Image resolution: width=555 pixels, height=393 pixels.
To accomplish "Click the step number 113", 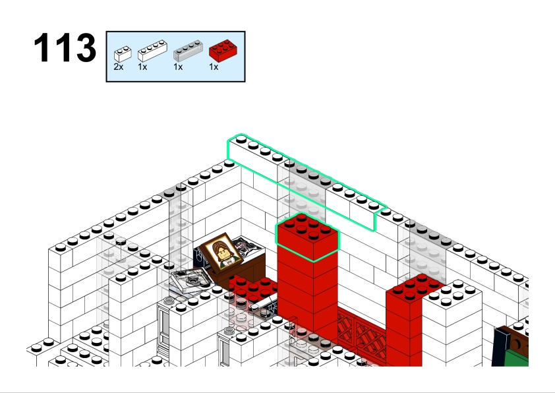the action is click(65, 47).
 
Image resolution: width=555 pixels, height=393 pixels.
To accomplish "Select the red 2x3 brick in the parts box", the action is click(223, 51).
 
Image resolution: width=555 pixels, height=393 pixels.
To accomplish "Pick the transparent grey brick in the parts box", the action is click(188, 51).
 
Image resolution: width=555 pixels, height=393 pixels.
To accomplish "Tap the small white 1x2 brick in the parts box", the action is click(123, 54).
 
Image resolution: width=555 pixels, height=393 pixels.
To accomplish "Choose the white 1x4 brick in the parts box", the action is click(152, 51).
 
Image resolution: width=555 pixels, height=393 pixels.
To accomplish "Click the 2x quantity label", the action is click(119, 67).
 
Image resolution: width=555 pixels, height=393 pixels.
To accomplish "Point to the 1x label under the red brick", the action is click(214, 67).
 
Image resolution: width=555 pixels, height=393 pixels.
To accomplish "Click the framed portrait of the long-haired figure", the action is click(221, 251).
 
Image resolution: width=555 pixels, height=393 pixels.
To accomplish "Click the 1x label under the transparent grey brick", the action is click(178, 67).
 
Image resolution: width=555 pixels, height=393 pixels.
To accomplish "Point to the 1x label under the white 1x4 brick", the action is click(142, 67).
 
